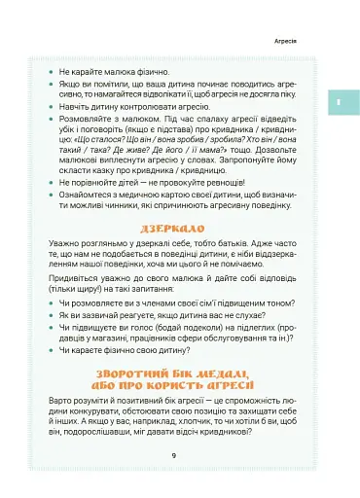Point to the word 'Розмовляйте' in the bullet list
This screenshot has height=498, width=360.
(84, 117)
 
